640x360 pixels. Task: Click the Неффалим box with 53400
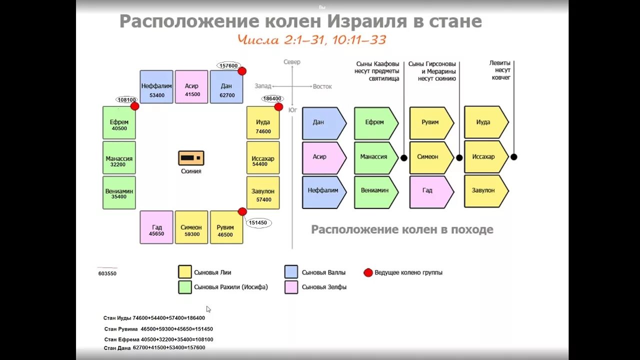[x=156, y=87]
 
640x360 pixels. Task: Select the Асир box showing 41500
[x=192, y=87]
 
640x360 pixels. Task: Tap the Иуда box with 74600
[x=262, y=123]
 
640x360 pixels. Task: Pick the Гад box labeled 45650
[x=156, y=227]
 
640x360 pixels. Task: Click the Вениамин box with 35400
[x=119, y=192]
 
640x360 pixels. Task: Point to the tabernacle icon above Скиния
[x=191, y=158]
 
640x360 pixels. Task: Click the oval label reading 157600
[x=228, y=65]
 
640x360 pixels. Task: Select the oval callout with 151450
[x=258, y=223]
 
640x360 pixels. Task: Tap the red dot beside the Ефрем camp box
[x=134, y=106]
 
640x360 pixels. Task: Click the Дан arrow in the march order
[x=323, y=123]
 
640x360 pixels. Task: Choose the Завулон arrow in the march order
[x=485, y=191]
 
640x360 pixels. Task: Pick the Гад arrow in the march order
[x=430, y=191]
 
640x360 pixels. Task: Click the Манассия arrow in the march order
[x=375, y=157]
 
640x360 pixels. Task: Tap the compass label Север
[x=292, y=62]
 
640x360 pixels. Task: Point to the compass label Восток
[x=322, y=86]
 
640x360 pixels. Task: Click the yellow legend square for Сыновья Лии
[x=185, y=272]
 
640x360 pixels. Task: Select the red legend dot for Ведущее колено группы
[x=368, y=272]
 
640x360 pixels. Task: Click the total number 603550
[x=107, y=273]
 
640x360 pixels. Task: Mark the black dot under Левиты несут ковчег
[x=513, y=157]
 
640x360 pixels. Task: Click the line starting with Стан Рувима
[x=158, y=329]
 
